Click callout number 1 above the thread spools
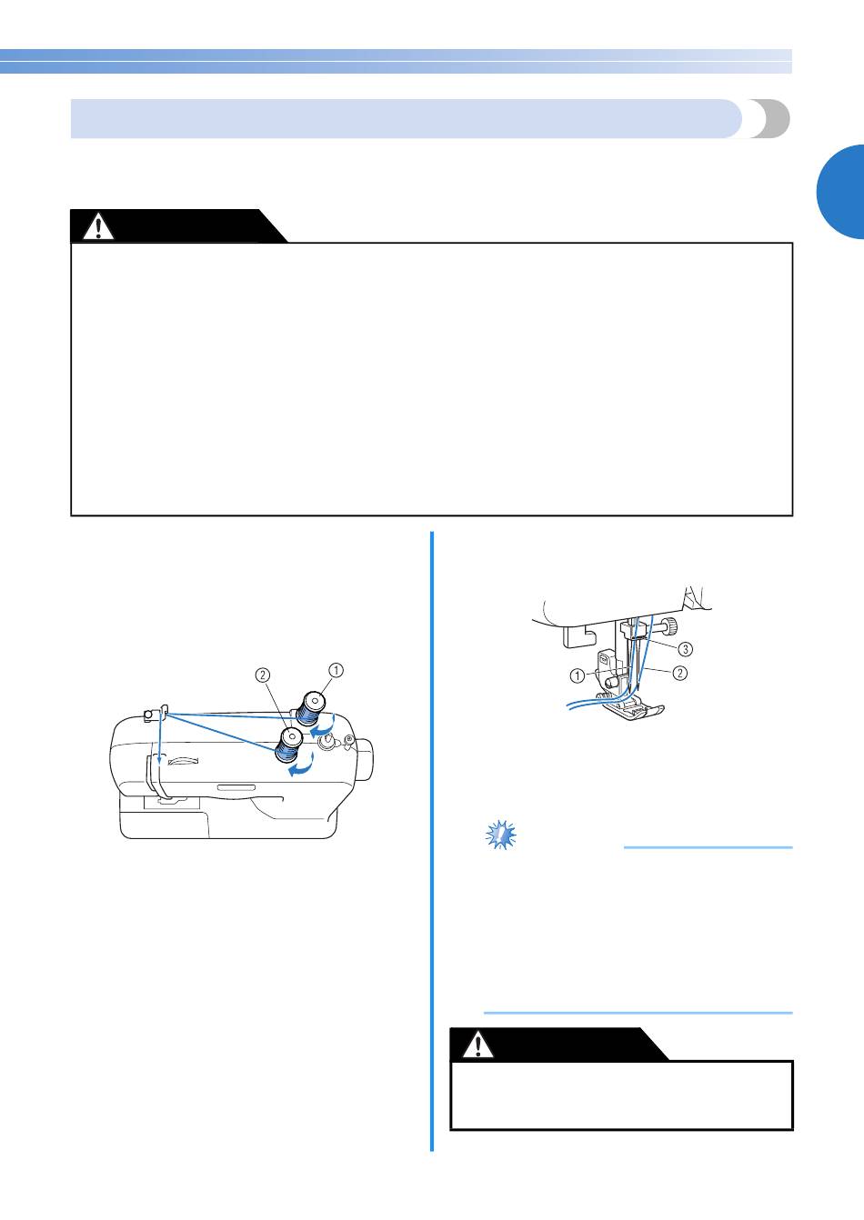click(337, 670)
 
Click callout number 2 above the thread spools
click(263, 675)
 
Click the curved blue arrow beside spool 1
click(323, 726)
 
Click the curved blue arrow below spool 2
click(301, 765)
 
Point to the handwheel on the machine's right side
click(365, 759)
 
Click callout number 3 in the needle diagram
click(686, 649)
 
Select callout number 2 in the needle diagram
click(680, 673)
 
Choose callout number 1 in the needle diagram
click(577, 675)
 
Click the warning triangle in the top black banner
click(98, 227)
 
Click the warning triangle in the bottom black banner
click(477, 1044)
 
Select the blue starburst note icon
click(500, 835)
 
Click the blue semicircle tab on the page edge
click(840, 192)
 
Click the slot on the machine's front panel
click(236, 787)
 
